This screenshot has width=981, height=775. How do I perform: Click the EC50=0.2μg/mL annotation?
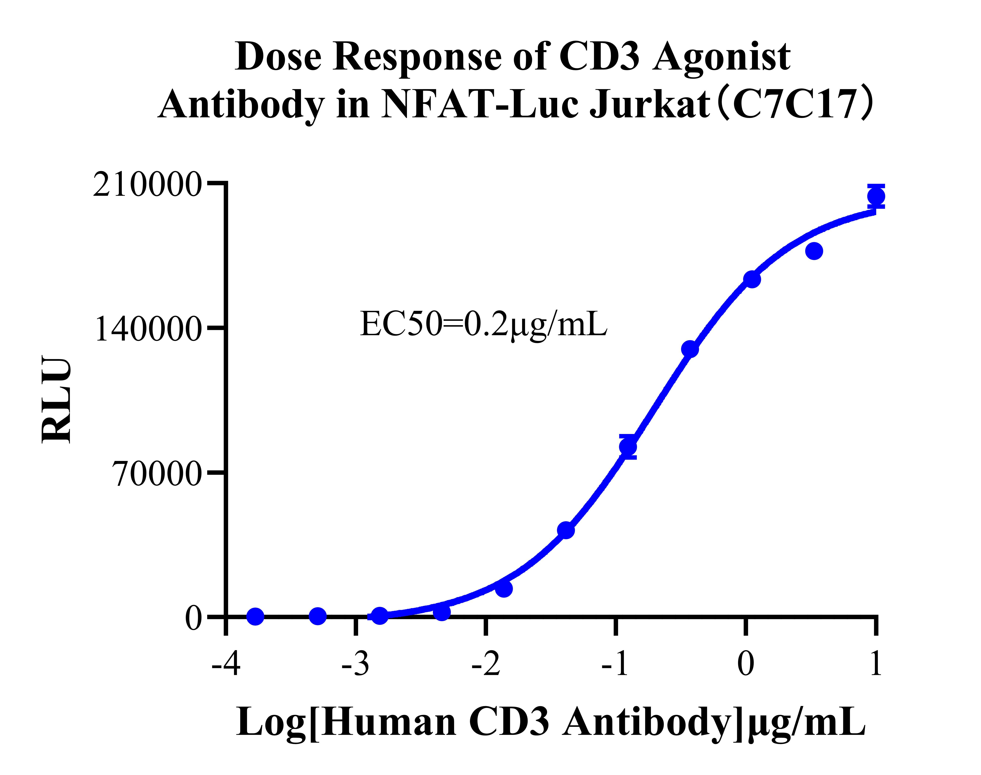pos(483,325)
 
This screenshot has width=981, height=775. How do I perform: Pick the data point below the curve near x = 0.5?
pos(814,251)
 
